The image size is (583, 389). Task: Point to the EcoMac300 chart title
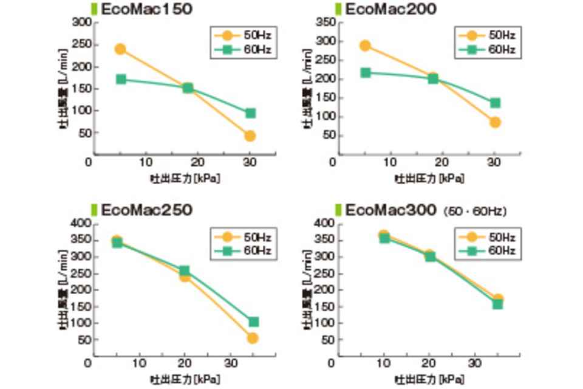tap(391, 210)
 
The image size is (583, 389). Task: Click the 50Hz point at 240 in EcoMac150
tap(120, 49)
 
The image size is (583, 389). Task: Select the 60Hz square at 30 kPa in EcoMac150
tap(250, 113)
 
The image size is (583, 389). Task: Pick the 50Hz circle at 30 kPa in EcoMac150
tap(250, 136)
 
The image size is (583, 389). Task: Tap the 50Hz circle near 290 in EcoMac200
tap(365, 46)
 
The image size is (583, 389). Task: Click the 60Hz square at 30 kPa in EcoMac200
tap(495, 103)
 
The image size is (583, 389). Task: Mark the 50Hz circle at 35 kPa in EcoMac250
tap(253, 338)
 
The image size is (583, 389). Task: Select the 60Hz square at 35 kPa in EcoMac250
tap(253, 322)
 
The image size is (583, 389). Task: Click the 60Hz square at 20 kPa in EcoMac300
tap(430, 256)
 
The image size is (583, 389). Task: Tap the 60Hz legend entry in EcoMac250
tap(245, 250)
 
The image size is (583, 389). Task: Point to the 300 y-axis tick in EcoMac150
tap(82, 23)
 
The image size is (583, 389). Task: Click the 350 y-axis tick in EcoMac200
tap(327, 23)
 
